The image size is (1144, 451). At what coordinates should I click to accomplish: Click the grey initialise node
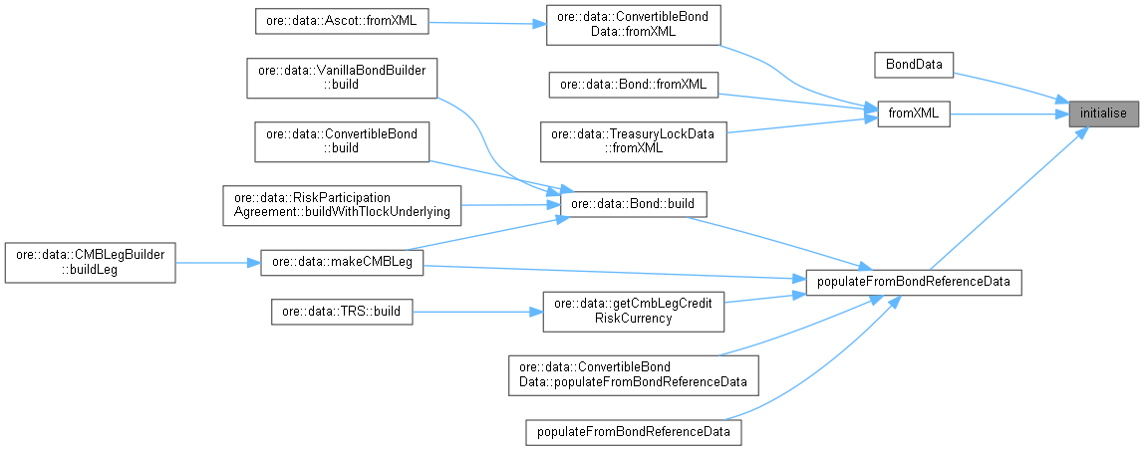1101,113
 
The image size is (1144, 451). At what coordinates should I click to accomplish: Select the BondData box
913,64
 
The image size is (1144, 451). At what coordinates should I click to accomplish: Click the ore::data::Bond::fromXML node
633,85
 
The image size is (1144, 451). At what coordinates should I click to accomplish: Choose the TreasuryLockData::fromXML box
633,140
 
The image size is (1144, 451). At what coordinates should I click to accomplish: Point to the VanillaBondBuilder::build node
341,78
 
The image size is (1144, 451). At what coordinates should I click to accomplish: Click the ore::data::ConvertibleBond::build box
341,140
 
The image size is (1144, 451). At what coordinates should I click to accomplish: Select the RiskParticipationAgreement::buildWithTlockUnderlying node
341,204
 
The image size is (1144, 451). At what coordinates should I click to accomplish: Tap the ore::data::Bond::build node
634,205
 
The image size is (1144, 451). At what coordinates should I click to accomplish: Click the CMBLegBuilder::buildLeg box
90,262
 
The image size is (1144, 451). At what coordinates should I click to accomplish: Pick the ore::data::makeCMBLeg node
341,263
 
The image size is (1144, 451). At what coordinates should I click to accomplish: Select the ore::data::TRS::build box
341,311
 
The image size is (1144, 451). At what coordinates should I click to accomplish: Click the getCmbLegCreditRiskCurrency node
633,311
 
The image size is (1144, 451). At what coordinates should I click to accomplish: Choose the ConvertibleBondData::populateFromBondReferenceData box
633,374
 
